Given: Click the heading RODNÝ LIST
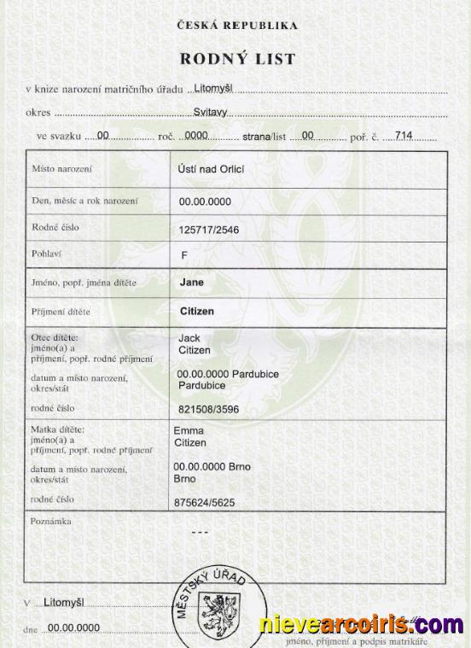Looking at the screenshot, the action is click(236, 59).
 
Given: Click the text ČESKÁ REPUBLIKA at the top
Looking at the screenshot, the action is click(236, 26).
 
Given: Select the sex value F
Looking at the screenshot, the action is click(183, 255).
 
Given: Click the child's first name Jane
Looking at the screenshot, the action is click(192, 281).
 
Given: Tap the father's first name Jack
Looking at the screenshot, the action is click(189, 338).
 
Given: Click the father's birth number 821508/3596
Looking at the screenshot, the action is click(209, 409).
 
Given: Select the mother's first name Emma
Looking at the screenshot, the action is click(189, 431).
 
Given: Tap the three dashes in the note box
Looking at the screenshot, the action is click(199, 532).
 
